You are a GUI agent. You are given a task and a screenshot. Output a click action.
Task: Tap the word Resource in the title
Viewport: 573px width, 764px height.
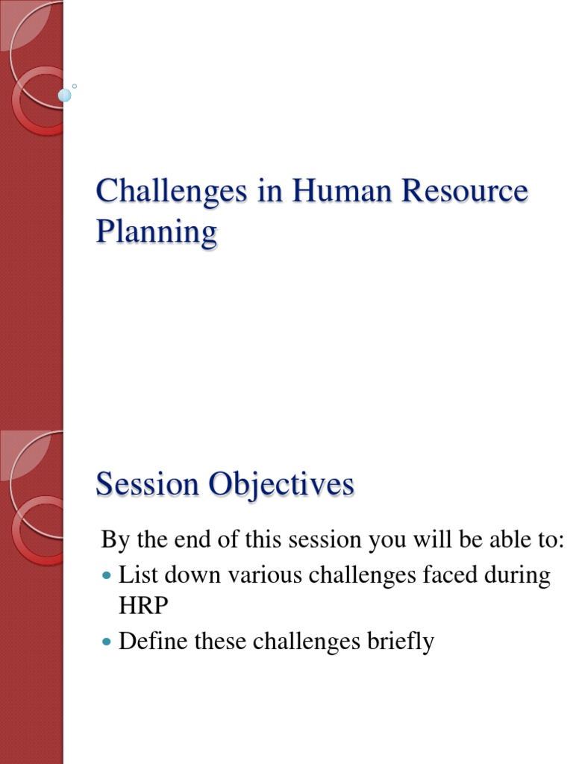coord(466,192)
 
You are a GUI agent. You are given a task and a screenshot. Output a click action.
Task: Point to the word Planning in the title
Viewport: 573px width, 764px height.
coord(156,232)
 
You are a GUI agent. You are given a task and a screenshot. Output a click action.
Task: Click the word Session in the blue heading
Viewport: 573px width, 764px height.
coord(148,485)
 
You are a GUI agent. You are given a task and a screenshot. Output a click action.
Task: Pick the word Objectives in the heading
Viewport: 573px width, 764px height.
coord(281,486)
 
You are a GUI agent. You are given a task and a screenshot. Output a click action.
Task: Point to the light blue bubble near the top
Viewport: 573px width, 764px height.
coord(65,95)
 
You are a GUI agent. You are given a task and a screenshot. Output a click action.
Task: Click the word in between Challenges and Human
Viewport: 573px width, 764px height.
coord(265,192)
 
